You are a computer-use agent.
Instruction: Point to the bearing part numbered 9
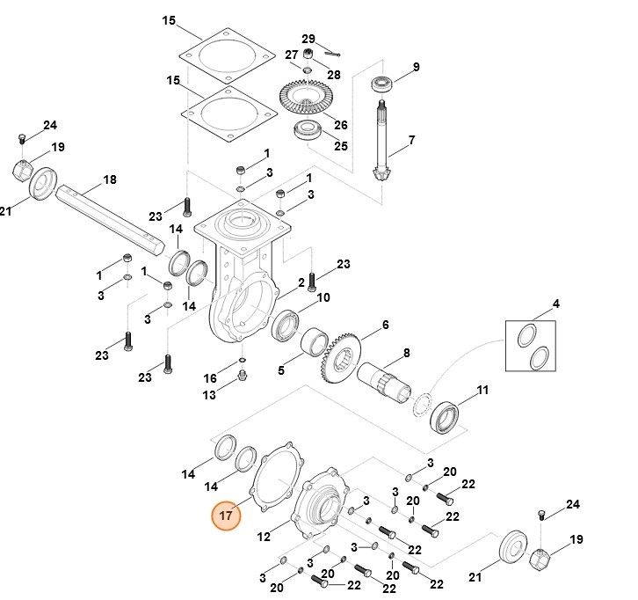tap(381, 84)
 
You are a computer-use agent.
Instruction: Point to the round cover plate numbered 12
tap(320, 509)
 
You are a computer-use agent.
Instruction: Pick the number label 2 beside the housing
tap(301, 282)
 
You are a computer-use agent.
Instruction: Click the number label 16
tap(210, 378)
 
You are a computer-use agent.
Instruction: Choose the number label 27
tap(291, 55)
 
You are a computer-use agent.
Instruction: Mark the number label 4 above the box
tap(555, 304)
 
